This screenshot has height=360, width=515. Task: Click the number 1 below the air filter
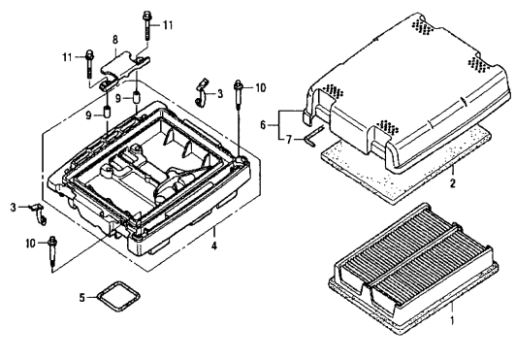click(x=452, y=319)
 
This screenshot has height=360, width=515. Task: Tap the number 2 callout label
click(x=453, y=183)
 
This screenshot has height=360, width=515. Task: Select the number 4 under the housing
click(x=213, y=245)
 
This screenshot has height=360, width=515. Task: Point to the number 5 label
click(x=81, y=298)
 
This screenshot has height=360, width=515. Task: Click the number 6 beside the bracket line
click(x=263, y=125)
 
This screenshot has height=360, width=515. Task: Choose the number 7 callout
click(x=288, y=140)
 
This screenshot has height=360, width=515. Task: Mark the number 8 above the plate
click(x=115, y=40)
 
